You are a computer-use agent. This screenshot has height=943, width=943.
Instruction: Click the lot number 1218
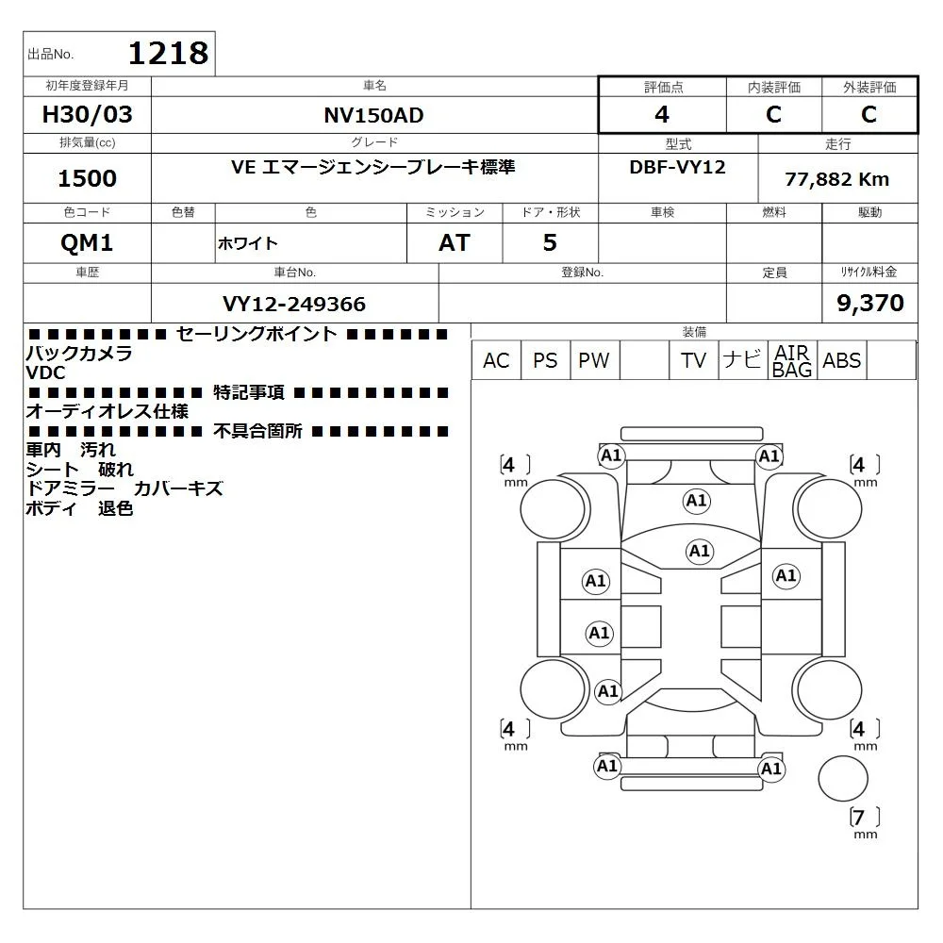(x=169, y=53)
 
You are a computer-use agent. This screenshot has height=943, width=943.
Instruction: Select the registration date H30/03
(x=87, y=114)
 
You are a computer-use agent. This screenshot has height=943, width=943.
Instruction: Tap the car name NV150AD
(x=373, y=115)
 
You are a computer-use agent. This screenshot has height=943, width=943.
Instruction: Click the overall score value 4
(x=662, y=114)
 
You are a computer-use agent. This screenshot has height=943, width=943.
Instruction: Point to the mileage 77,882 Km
(x=836, y=178)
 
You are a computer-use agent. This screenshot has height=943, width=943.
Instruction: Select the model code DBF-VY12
(x=677, y=167)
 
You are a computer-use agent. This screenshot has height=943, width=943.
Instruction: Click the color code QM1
(x=87, y=242)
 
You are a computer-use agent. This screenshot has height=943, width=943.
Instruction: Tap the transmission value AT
(x=455, y=242)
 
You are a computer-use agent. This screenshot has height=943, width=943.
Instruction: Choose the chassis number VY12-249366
(x=294, y=304)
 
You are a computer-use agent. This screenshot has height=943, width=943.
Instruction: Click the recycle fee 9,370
(x=870, y=303)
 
